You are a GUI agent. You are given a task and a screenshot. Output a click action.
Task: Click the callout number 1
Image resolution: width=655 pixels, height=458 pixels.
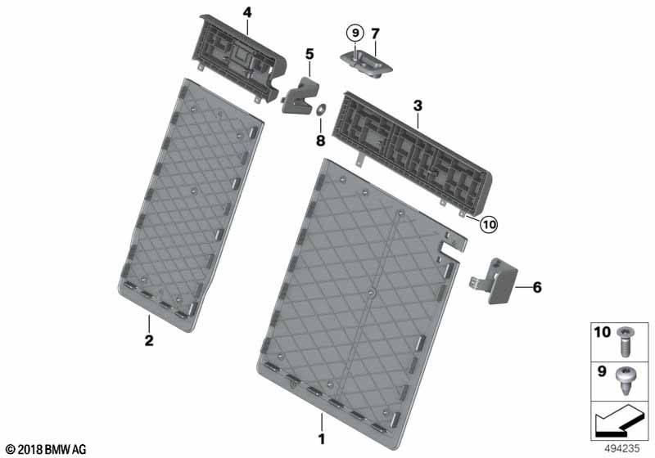point(321,439)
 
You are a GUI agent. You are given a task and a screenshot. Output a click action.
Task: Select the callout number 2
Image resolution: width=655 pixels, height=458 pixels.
point(149,340)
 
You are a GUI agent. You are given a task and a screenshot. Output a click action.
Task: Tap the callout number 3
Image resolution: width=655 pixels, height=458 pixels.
point(418,106)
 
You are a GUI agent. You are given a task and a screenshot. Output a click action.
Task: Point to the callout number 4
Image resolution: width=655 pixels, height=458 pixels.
point(247,12)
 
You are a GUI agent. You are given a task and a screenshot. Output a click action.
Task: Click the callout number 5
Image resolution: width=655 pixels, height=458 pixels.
point(309,54)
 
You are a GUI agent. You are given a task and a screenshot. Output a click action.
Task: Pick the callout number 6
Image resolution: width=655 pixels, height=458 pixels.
point(537,287)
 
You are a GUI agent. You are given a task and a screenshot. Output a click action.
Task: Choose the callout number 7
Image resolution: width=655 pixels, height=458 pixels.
point(375,34)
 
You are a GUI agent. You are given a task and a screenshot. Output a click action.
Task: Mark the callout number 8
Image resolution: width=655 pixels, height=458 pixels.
point(320,141)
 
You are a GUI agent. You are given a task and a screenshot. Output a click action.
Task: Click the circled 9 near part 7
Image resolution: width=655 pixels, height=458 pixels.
point(355,33)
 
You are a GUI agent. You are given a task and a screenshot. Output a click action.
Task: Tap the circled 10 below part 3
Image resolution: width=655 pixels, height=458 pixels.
point(489,225)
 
